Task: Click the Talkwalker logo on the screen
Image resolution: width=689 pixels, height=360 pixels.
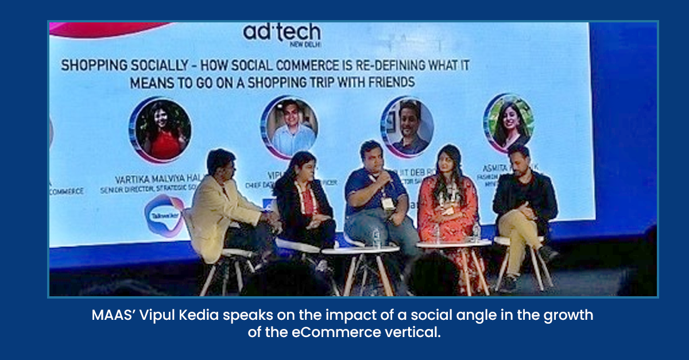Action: pyautogui.click(x=163, y=215)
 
